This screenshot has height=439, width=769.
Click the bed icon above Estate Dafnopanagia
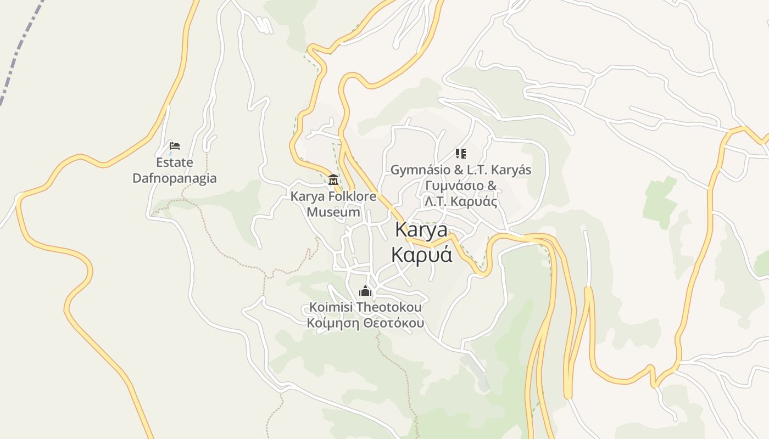[x=175, y=146]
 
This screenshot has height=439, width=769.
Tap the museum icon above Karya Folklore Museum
[x=333, y=179]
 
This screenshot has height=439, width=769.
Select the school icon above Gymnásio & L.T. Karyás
[x=460, y=154]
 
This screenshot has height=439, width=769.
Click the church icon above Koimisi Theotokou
[x=365, y=291]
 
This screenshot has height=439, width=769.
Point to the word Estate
[x=175, y=162]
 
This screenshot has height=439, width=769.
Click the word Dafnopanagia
[x=175, y=178]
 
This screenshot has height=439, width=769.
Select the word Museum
[x=333, y=212]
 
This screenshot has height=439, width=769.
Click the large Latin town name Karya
[x=421, y=229]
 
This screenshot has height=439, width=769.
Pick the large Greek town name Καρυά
[x=421, y=254]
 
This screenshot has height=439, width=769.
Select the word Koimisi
[x=331, y=307]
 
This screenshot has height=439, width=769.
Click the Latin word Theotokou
[x=389, y=307]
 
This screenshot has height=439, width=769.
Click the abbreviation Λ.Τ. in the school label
[x=436, y=201]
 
